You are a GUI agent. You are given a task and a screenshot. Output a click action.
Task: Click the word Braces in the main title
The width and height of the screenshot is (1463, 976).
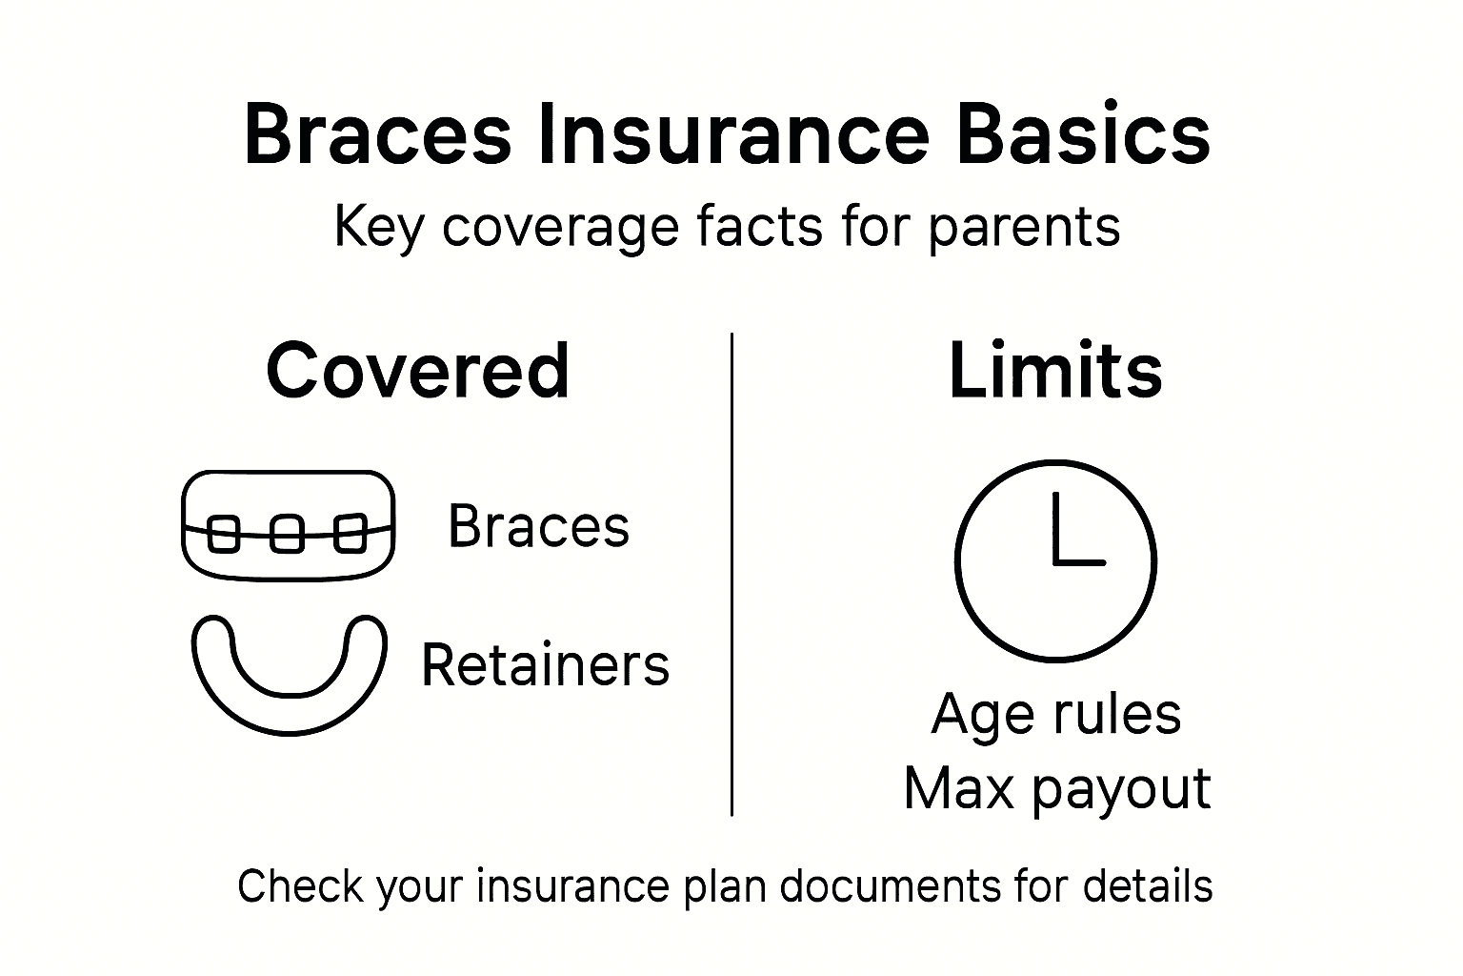(x=377, y=134)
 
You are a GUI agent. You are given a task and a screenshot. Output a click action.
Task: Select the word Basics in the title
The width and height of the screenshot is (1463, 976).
(x=1083, y=134)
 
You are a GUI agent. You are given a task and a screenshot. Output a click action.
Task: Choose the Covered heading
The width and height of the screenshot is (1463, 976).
(x=417, y=371)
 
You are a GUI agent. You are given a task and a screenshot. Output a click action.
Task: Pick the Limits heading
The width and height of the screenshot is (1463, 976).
(x=1055, y=371)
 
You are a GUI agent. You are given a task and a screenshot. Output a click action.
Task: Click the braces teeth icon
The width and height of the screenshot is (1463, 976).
(x=288, y=525)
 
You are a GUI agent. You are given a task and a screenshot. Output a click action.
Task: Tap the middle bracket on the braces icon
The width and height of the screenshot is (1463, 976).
(x=288, y=534)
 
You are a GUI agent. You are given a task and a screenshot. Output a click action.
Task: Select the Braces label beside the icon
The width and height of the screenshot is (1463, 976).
(x=538, y=526)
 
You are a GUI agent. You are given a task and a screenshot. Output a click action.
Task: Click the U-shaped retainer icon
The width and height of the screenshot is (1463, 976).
(x=290, y=673)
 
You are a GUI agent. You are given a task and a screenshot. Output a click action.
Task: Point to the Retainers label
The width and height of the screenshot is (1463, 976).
(x=545, y=665)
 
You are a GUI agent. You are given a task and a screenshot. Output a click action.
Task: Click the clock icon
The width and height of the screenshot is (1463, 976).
(x=1055, y=560)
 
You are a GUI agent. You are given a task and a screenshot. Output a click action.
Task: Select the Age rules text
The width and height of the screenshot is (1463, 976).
(x=1055, y=714)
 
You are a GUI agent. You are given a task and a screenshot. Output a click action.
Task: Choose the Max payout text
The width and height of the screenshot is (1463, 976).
(x=1055, y=789)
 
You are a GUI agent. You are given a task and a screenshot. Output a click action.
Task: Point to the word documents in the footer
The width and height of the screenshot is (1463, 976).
(x=891, y=886)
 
